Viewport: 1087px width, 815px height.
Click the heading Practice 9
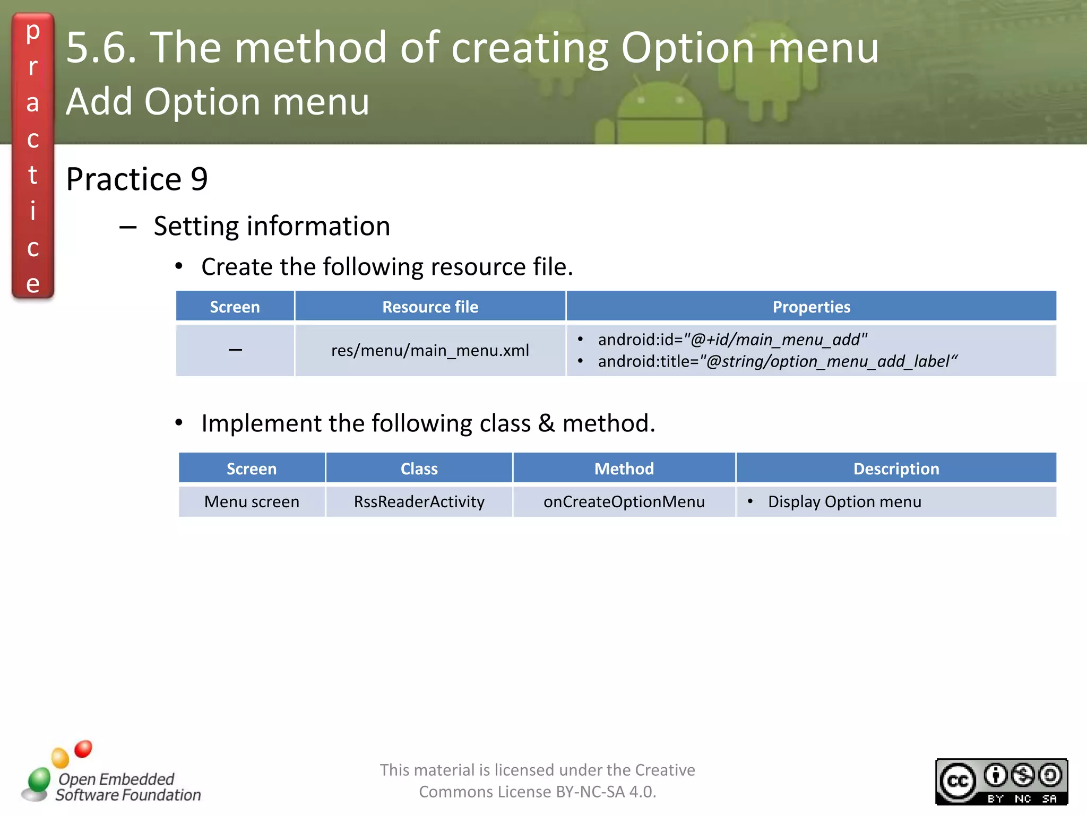136,179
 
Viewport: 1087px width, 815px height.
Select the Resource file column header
430,307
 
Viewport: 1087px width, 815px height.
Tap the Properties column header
811,307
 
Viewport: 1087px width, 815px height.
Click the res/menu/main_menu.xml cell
430,350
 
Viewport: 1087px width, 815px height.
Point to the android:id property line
732,340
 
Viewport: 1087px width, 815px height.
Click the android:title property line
778,361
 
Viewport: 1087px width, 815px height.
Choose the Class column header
419,469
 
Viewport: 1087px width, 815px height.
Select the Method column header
624,469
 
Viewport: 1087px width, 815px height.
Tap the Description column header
896,469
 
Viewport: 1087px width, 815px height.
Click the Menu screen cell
252,501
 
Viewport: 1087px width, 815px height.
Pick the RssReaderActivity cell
419,501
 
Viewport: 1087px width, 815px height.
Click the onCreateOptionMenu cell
624,501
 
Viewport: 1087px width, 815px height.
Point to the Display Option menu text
844,501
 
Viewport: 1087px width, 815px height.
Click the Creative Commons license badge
1001,782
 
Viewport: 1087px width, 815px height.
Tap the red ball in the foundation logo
83,749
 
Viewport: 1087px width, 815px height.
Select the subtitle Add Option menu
218,101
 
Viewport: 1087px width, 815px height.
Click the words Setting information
272,226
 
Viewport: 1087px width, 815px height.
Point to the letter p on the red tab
33,32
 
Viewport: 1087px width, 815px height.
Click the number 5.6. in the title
101,48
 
